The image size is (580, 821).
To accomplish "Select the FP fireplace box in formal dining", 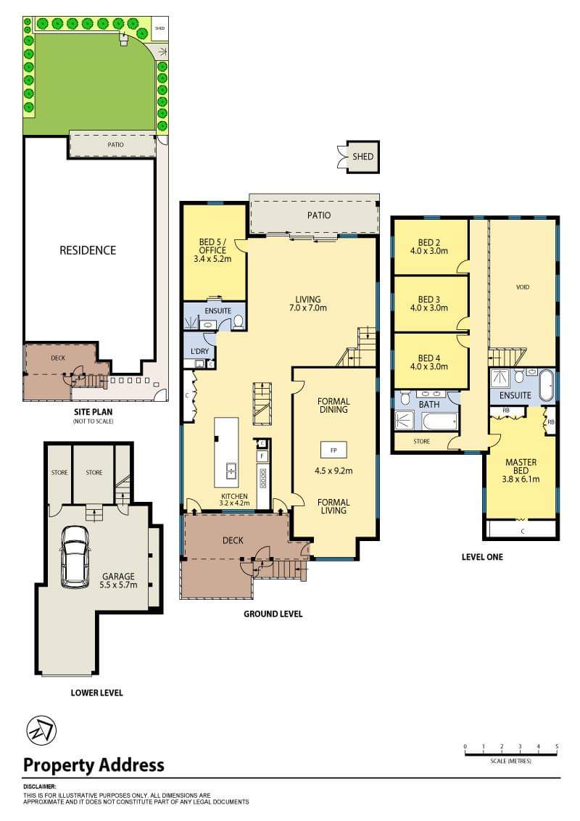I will [333, 450].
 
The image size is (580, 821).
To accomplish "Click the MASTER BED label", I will [521, 464].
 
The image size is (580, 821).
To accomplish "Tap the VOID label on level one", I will [522, 287].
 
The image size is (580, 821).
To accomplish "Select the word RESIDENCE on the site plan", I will [87, 250].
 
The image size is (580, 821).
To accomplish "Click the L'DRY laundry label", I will [199, 351].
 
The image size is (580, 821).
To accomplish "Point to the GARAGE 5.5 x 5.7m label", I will [117, 581].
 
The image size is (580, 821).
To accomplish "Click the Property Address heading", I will [94, 764].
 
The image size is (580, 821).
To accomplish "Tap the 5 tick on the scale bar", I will [557, 746].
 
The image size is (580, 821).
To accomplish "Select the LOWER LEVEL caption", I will [96, 693].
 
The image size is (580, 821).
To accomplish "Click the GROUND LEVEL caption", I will [273, 614].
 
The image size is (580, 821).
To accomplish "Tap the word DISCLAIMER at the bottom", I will [39, 786].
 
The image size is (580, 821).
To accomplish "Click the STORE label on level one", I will [421, 441].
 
